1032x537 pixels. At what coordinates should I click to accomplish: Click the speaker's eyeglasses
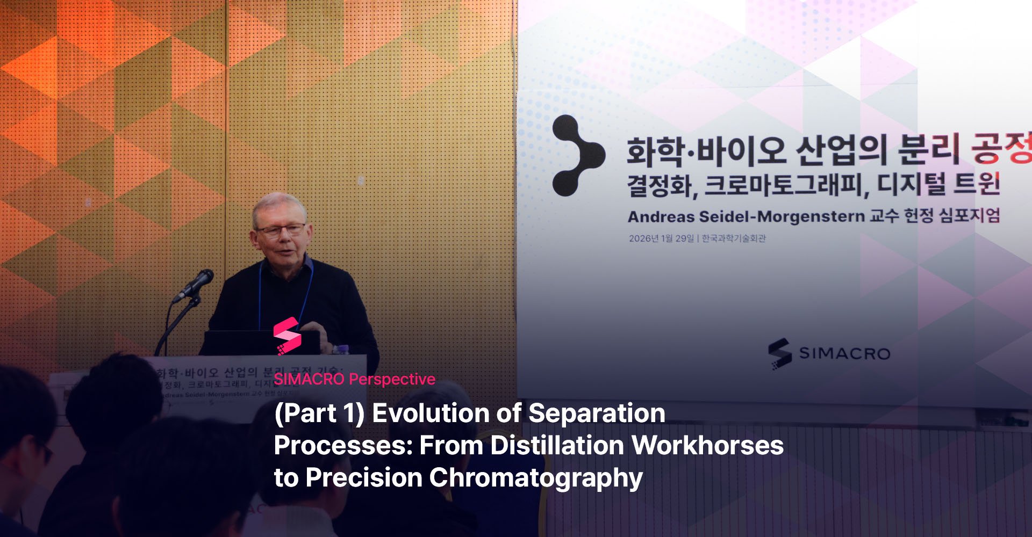click(x=281, y=230)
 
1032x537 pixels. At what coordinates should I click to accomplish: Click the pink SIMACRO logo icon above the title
click(x=287, y=336)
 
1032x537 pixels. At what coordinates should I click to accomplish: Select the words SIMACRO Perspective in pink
click(x=354, y=379)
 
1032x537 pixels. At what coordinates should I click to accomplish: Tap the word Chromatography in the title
click(x=535, y=478)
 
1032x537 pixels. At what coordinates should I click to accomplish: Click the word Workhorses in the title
click(x=707, y=446)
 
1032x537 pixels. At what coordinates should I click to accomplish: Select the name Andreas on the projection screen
click(x=661, y=217)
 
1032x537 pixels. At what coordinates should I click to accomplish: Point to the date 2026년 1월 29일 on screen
click(x=661, y=238)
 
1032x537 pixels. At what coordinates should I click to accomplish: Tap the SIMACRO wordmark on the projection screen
click(x=844, y=353)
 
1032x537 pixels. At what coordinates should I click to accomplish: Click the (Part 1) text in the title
click(x=319, y=413)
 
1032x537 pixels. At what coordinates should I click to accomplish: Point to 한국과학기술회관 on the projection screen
click(x=734, y=238)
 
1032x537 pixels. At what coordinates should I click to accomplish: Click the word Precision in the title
click(x=363, y=478)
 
